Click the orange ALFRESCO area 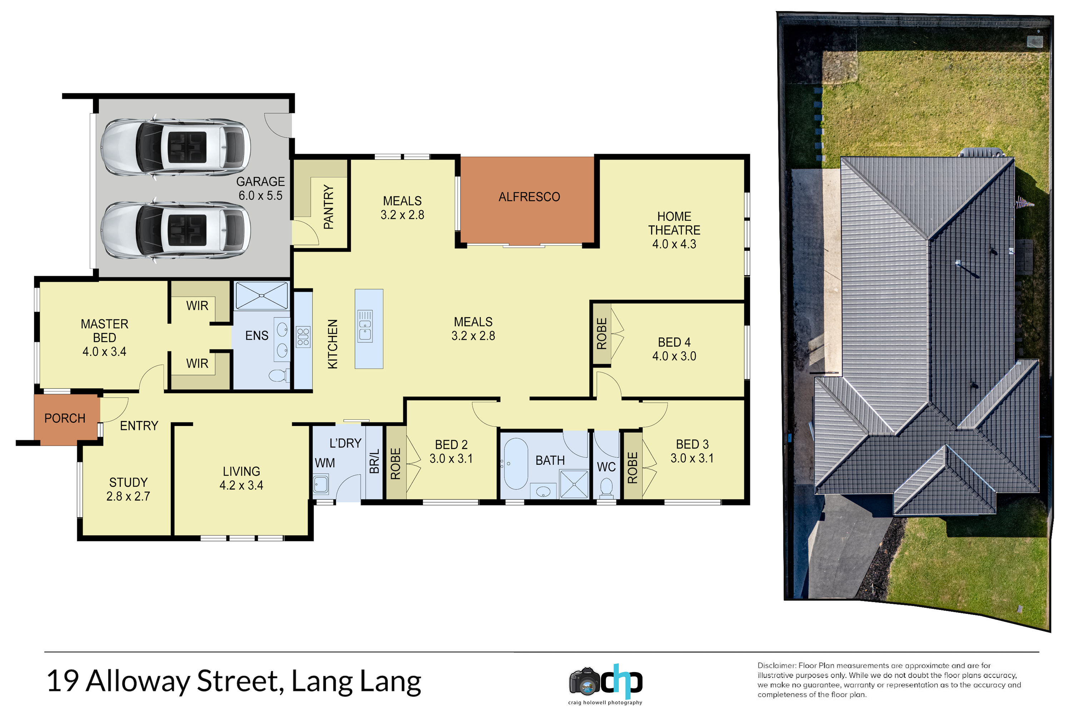(527, 200)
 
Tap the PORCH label (65, 418)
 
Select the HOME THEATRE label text (674, 223)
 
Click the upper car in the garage (175, 147)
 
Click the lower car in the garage (175, 230)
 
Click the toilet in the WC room (606, 487)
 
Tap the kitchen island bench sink (365, 326)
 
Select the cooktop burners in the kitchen (303, 337)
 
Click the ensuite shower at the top (261, 296)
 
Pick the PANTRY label (328, 207)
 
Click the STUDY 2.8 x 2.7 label (128, 489)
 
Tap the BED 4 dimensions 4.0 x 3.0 (674, 356)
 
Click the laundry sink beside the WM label (321, 484)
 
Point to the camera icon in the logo (584, 682)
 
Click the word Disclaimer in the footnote (776, 666)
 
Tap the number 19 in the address (63, 681)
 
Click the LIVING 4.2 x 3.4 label (241, 478)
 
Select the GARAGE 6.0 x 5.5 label (260, 188)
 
